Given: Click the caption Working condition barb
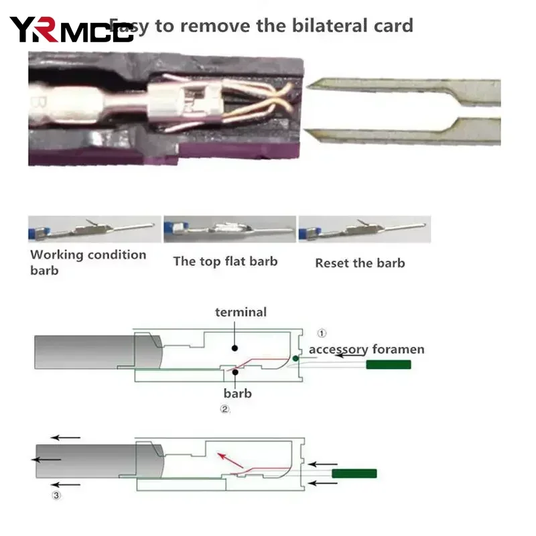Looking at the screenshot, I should (x=88, y=262).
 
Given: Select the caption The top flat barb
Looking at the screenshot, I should (x=225, y=261).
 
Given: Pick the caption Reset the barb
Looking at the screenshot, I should (x=360, y=263).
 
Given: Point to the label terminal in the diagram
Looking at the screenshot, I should (x=241, y=312).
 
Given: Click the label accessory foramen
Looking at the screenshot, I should (x=366, y=349).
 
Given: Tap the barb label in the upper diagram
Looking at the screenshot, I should (x=238, y=393).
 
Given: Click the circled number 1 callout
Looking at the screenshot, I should (x=322, y=332).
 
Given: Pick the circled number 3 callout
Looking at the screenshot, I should (x=56, y=496).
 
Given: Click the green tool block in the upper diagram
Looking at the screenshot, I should (x=388, y=364).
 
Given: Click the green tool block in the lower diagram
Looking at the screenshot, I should (x=354, y=473).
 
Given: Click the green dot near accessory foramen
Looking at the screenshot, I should (x=295, y=359).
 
